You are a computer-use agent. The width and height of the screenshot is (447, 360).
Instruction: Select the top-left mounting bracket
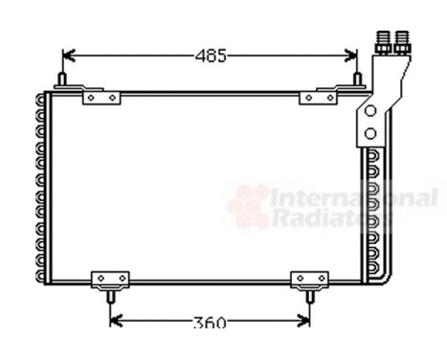[101, 96]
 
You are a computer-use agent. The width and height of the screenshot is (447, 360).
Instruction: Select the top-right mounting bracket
[319, 96]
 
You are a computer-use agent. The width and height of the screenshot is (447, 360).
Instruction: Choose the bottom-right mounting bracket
[308, 280]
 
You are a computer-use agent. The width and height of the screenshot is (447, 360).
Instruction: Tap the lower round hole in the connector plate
[369, 133]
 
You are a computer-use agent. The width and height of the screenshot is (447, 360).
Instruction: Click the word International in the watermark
[354, 198]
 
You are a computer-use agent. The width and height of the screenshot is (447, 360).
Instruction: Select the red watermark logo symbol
[250, 204]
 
